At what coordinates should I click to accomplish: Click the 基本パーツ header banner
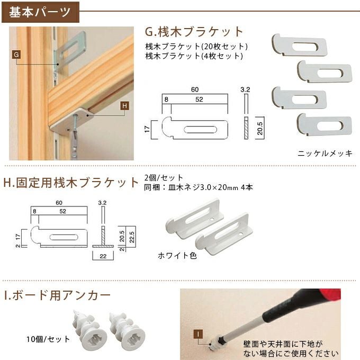click(40, 11)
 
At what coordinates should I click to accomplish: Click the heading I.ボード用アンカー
click(57, 295)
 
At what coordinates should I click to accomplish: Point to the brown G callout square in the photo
click(15, 55)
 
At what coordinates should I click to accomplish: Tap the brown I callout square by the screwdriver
click(197, 334)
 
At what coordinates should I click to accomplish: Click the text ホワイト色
click(177, 255)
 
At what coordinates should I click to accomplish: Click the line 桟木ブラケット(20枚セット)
click(196, 46)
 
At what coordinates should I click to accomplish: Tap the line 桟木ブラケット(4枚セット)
click(194, 55)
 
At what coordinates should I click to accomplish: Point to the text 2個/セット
click(164, 177)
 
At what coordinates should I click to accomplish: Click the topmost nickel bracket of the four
click(299, 46)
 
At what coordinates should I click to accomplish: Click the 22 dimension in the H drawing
click(103, 256)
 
